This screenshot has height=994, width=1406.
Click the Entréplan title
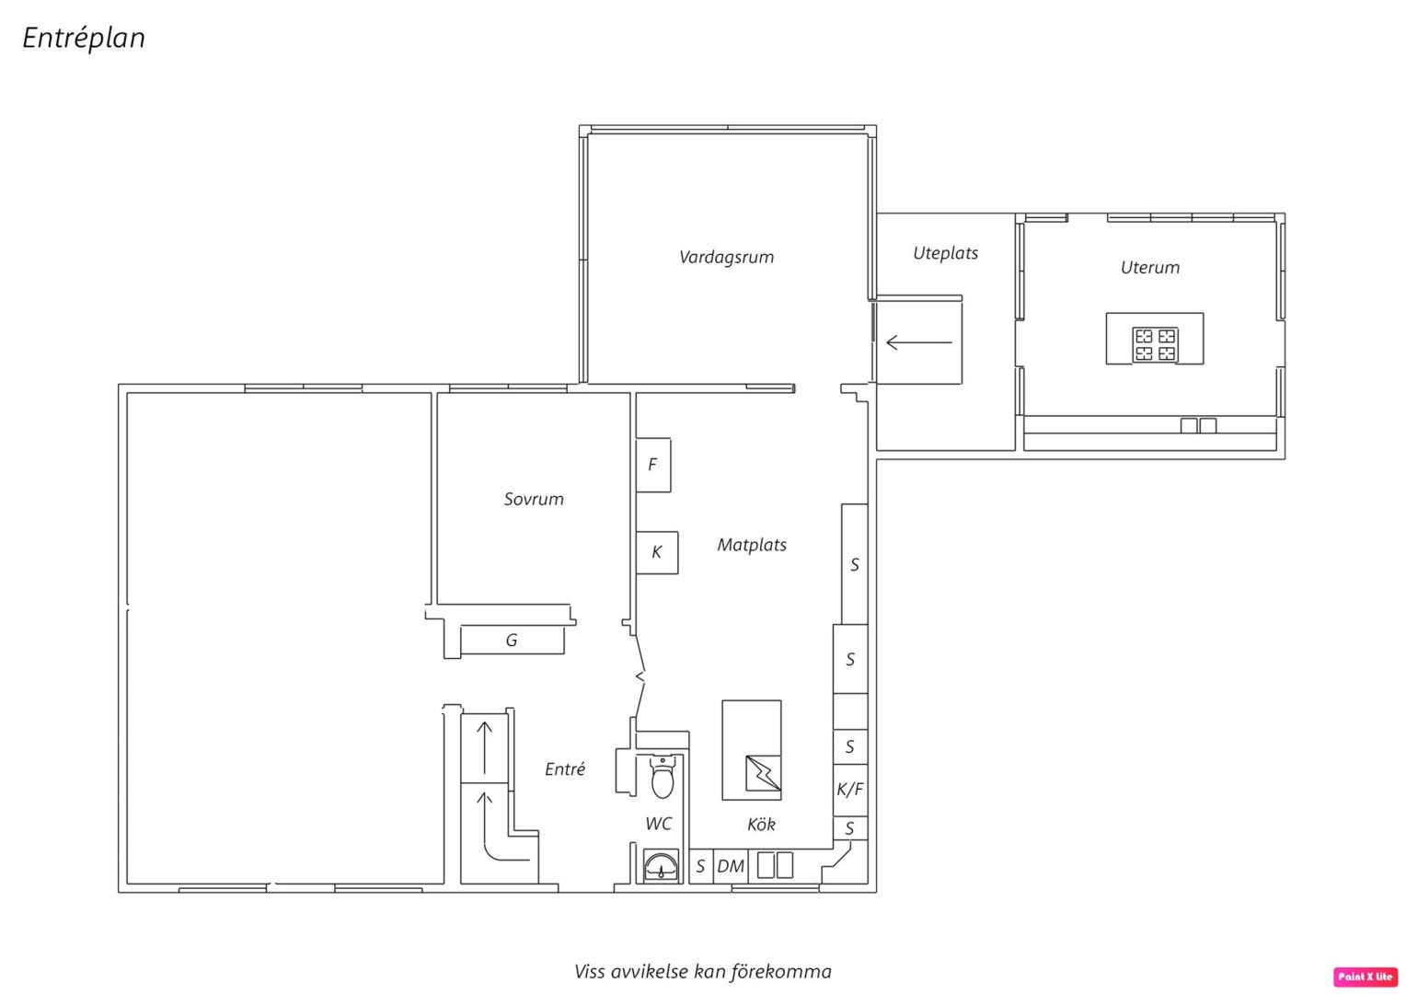84,38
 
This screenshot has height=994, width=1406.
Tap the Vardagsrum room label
726,257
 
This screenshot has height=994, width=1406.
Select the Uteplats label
945,253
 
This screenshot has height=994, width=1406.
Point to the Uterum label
1150,268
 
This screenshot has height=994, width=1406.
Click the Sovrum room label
534,499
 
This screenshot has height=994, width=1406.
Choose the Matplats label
752,545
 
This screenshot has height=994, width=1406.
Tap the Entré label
565,769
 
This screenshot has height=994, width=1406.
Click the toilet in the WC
663,778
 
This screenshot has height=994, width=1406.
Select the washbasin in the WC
661,867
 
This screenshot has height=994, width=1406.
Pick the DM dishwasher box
731,867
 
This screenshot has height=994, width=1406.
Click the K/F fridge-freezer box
850,790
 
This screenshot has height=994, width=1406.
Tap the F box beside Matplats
653,466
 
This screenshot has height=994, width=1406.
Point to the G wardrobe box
513,641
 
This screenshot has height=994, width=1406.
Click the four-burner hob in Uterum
1155,345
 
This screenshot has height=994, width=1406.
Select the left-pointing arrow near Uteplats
919,342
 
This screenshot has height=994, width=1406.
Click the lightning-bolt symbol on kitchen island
763,773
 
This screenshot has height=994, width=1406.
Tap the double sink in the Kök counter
775,865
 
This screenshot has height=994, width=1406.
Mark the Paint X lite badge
1366,977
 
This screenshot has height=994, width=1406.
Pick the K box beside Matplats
657,552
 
